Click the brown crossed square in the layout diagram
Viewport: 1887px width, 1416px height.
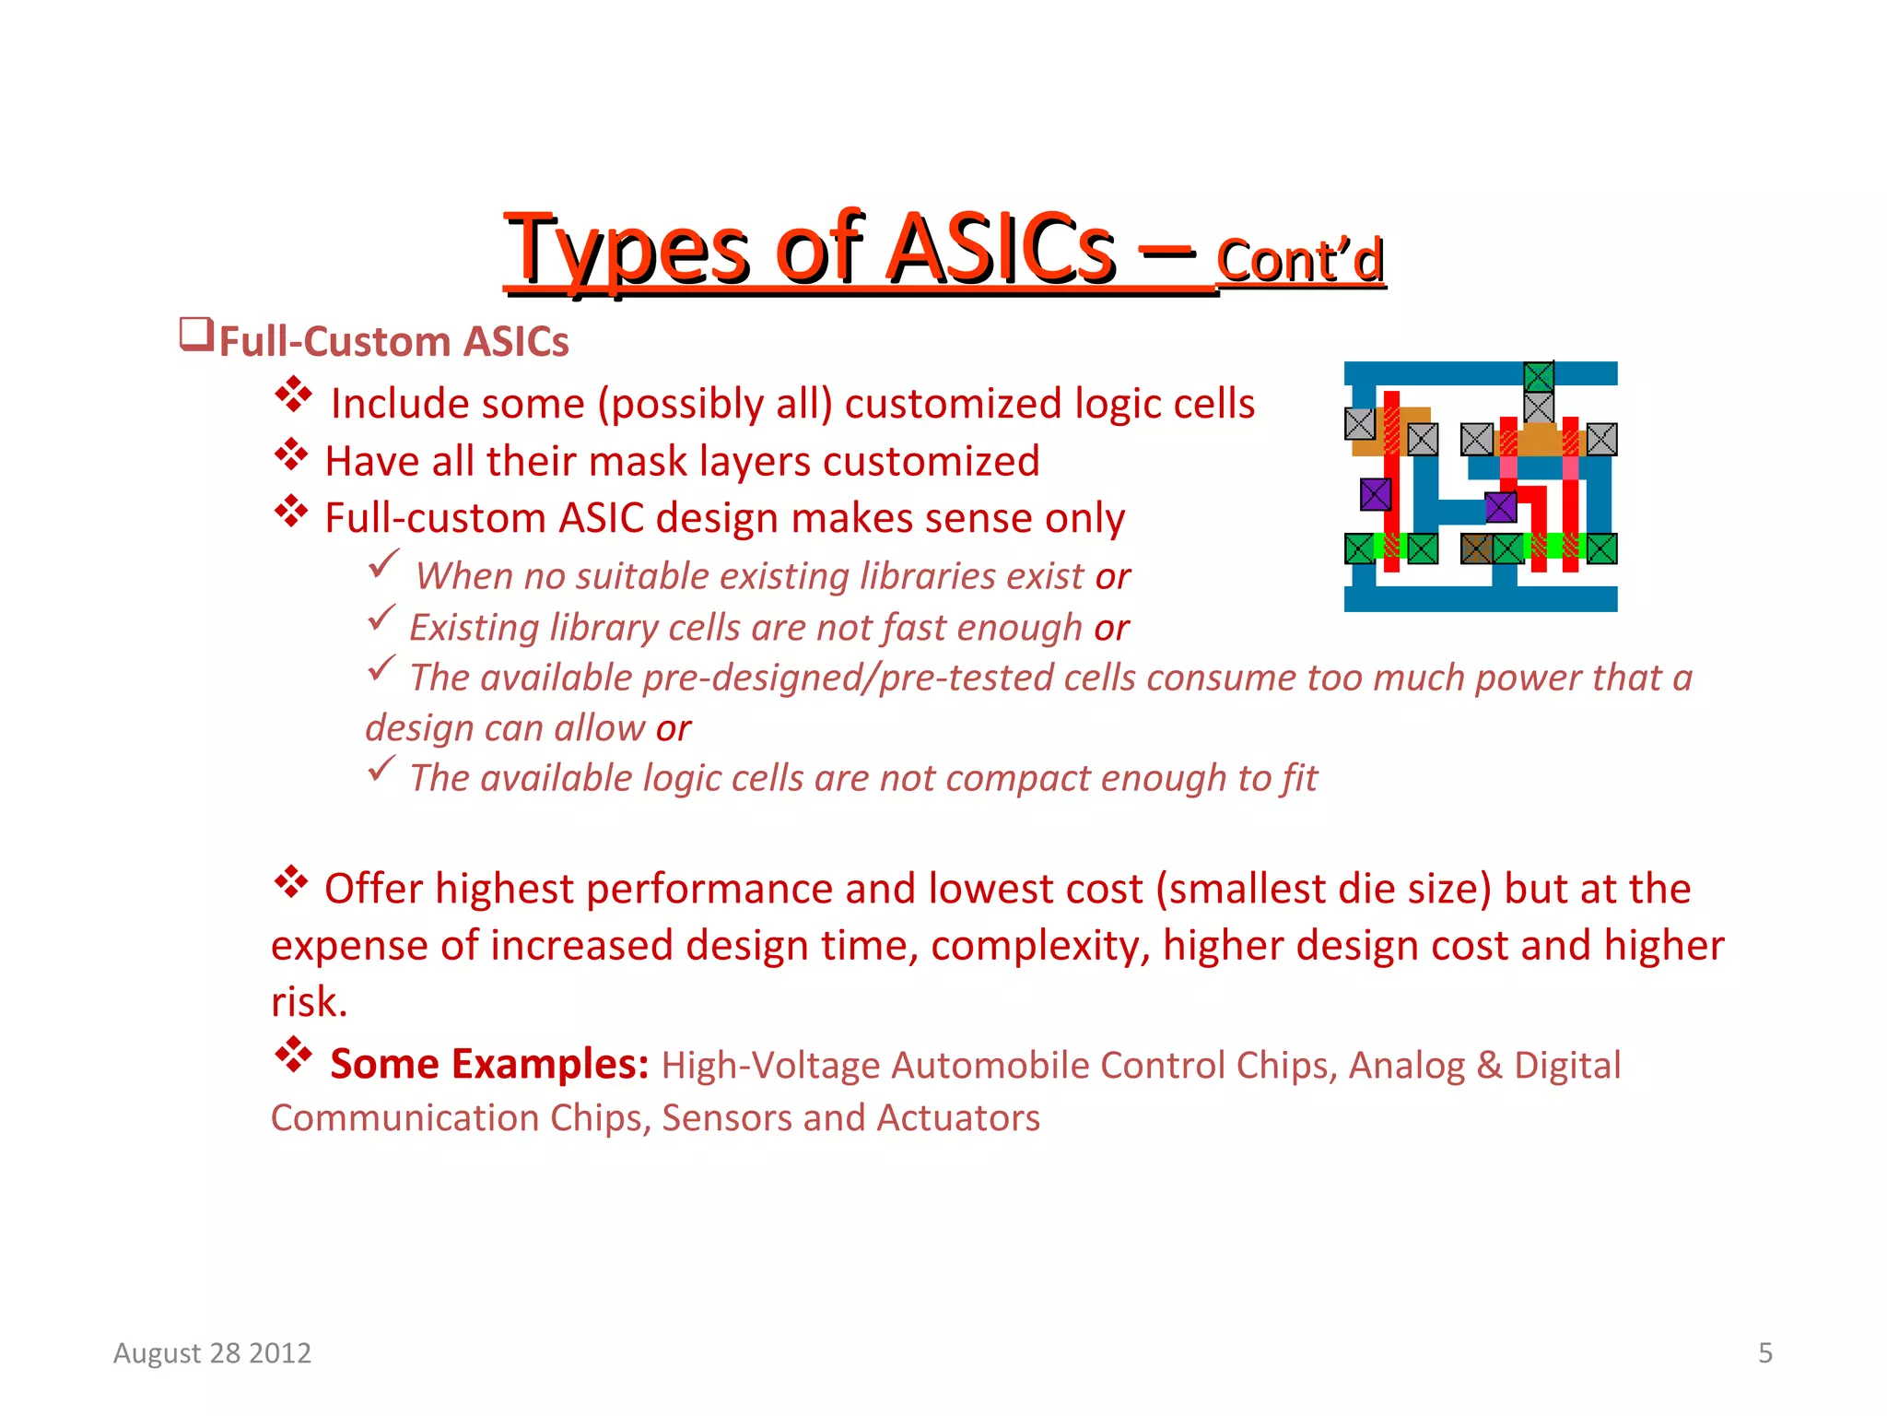coord(1476,549)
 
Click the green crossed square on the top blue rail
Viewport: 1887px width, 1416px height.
coord(1539,377)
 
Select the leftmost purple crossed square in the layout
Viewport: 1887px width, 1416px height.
coord(1375,494)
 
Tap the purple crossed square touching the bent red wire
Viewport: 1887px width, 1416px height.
coord(1501,506)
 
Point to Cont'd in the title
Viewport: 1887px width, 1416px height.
coord(1299,261)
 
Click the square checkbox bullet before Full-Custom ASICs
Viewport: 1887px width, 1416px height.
coord(195,334)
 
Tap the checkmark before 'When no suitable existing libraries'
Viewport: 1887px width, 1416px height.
coord(382,562)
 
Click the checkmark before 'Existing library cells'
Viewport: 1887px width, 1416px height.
coord(381,617)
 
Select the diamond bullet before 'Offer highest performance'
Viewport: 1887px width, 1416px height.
coord(291,882)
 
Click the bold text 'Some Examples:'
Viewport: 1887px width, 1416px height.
coord(489,1064)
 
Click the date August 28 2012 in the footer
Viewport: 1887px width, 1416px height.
coord(212,1352)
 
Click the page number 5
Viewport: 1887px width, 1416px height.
coord(1764,1352)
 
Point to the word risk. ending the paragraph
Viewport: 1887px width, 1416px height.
coord(309,1002)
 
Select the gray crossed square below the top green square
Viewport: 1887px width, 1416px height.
coord(1539,407)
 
